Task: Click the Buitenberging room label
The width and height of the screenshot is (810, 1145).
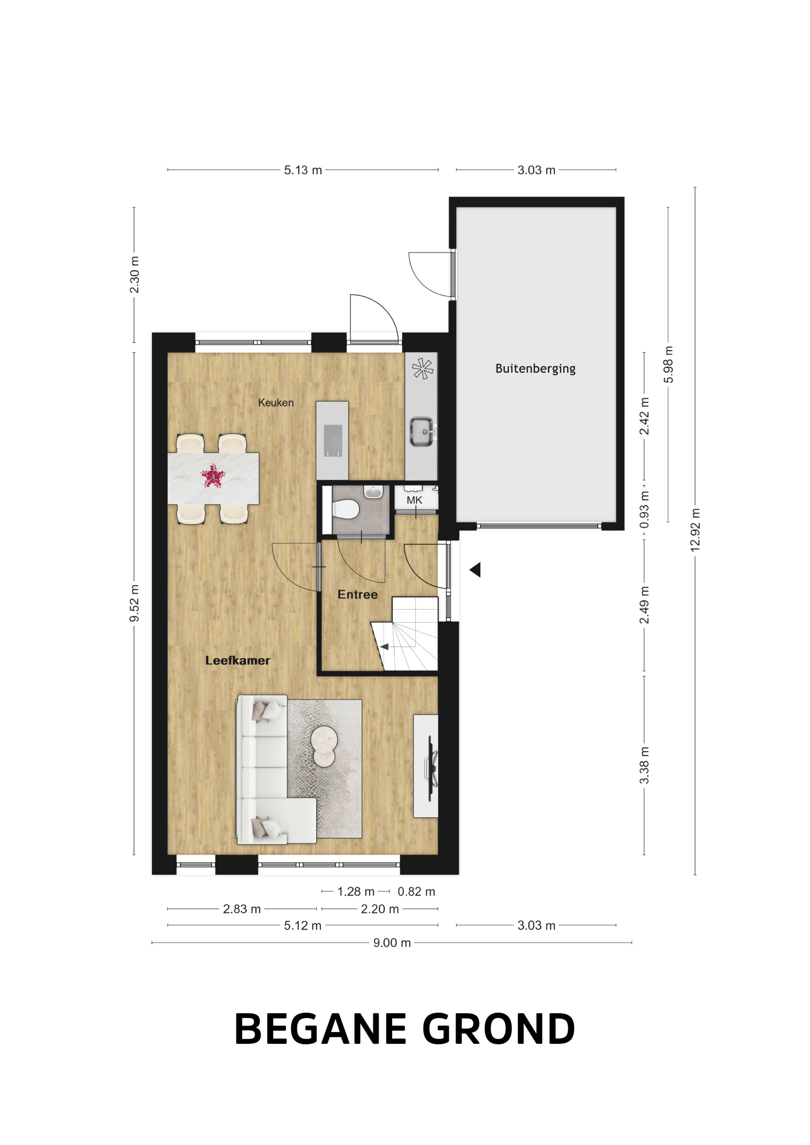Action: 535,369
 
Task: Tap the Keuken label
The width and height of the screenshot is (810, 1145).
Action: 275,403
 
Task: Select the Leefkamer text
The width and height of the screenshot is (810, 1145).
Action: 238,660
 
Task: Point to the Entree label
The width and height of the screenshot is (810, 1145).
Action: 357,594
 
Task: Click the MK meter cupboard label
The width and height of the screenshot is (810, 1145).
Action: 414,500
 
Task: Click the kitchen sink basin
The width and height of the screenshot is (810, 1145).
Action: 422,431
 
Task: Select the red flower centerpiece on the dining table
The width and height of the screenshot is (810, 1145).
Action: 213,476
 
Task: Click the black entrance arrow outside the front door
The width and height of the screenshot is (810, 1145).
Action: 475,570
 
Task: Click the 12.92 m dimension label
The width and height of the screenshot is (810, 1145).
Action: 695,530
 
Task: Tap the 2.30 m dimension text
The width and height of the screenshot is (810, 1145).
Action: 134,275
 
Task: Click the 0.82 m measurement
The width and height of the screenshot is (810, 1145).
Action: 416,891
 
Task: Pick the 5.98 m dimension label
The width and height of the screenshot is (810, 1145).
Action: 668,365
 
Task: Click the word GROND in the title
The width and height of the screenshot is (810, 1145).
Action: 499,1029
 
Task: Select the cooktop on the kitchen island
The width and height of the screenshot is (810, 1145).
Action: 333,440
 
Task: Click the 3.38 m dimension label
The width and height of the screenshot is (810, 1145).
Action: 644,765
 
